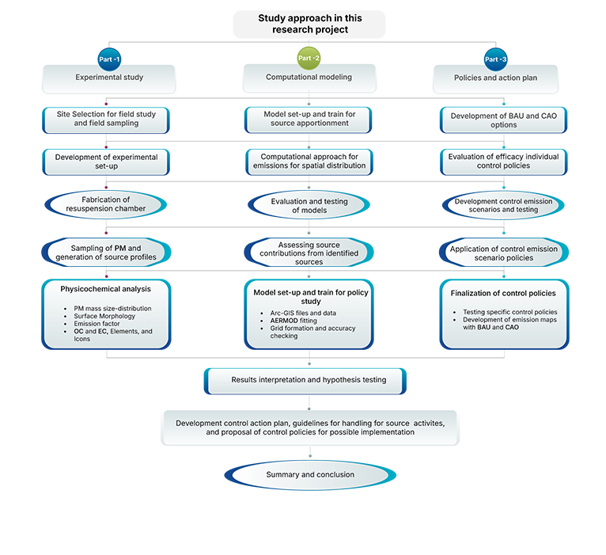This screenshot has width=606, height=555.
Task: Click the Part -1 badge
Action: click(x=109, y=59)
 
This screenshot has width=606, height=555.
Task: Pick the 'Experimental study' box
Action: click(x=108, y=78)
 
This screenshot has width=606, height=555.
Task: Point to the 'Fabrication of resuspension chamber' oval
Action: click(x=106, y=205)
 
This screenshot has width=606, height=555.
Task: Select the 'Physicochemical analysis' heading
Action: click(x=106, y=289)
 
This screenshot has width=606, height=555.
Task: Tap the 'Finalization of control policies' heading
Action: click(x=504, y=294)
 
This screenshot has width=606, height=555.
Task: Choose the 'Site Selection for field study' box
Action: click(x=106, y=120)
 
